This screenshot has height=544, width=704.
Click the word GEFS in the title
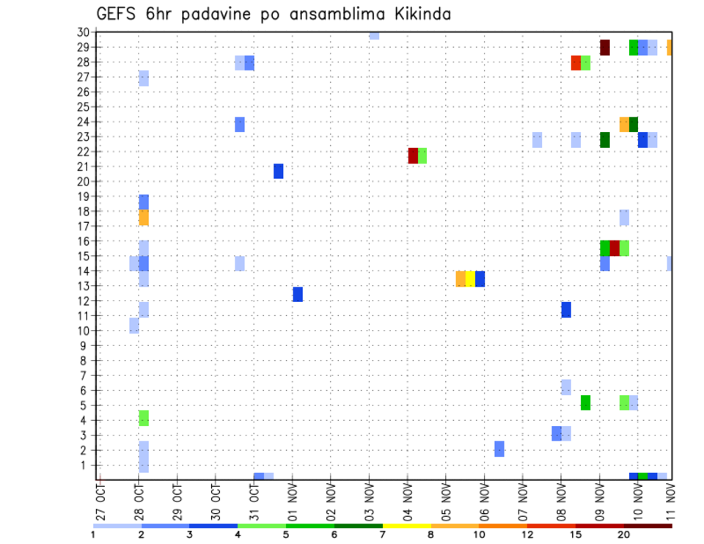tap(116, 14)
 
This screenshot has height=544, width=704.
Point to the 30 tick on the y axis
tap(83, 32)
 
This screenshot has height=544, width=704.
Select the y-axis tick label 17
tap(83, 227)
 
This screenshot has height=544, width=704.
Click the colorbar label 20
tap(624, 536)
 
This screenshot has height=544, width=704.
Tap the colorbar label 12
tap(527, 536)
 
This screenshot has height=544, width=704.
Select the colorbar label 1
tap(93, 536)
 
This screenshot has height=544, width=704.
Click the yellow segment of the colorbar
tap(406, 526)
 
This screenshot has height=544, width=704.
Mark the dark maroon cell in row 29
tap(605, 48)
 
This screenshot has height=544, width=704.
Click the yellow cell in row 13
tap(470, 279)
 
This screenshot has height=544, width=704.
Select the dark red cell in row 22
tap(413, 155)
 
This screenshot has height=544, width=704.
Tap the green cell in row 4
tap(144, 418)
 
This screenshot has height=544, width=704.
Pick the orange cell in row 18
tap(144, 218)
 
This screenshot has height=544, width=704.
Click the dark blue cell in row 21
tap(279, 171)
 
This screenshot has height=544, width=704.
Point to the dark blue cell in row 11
tap(566, 309)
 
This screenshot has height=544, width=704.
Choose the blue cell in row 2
tap(499, 449)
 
